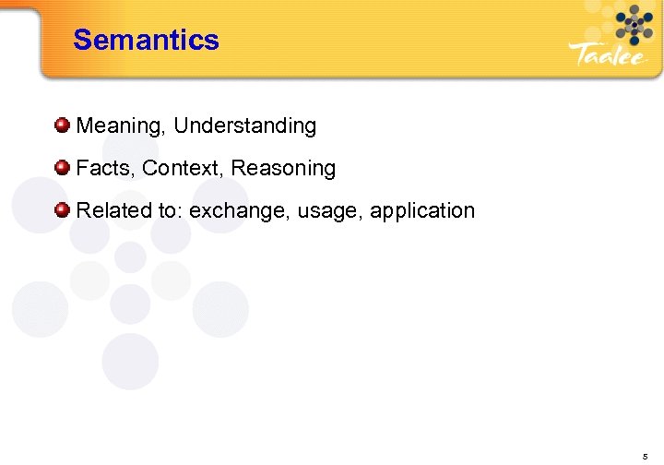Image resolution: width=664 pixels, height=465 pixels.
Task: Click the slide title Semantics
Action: click(146, 40)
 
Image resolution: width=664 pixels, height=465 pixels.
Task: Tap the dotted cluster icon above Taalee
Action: click(634, 24)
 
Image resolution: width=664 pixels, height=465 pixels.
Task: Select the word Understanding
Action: click(244, 125)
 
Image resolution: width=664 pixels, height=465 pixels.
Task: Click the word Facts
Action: click(103, 168)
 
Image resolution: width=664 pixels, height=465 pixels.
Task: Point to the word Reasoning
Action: click(283, 169)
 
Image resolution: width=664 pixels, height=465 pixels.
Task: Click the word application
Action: click(422, 211)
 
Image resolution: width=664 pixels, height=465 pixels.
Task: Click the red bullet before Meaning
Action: click(62, 125)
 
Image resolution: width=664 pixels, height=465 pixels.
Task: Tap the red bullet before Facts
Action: click(62, 167)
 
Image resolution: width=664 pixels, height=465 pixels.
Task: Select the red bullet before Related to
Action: click(62, 209)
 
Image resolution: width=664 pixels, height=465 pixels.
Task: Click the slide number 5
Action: click(644, 456)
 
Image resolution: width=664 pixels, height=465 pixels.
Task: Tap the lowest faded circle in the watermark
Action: click(130, 361)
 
